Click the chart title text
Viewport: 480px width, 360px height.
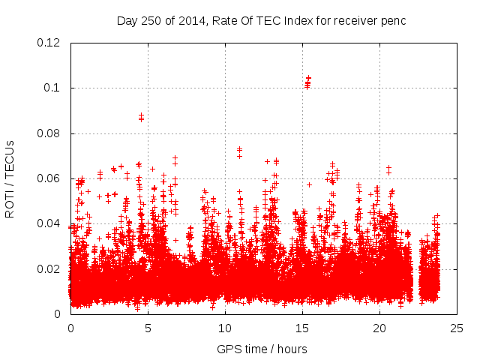click(261, 20)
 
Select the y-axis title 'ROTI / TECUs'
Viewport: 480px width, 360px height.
click(10, 178)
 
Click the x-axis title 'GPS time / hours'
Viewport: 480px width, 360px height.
click(262, 349)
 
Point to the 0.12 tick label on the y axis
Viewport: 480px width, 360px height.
click(51, 43)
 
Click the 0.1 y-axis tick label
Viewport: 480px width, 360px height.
click(54, 88)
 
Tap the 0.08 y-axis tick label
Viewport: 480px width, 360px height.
click(51, 133)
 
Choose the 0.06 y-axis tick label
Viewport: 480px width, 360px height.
click(51, 178)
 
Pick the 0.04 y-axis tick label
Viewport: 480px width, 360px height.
click(51, 223)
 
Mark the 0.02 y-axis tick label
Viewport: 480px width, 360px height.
click(51, 268)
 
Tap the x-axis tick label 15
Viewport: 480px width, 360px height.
click(303, 328)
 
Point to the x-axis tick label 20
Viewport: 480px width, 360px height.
click(379, 328)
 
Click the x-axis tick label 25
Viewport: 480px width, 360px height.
click(457, 328)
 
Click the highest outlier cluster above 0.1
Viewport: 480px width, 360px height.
click(307, 82)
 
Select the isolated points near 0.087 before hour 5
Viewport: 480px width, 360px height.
click(141, 117)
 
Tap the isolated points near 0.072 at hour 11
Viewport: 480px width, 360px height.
click(239, 151)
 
